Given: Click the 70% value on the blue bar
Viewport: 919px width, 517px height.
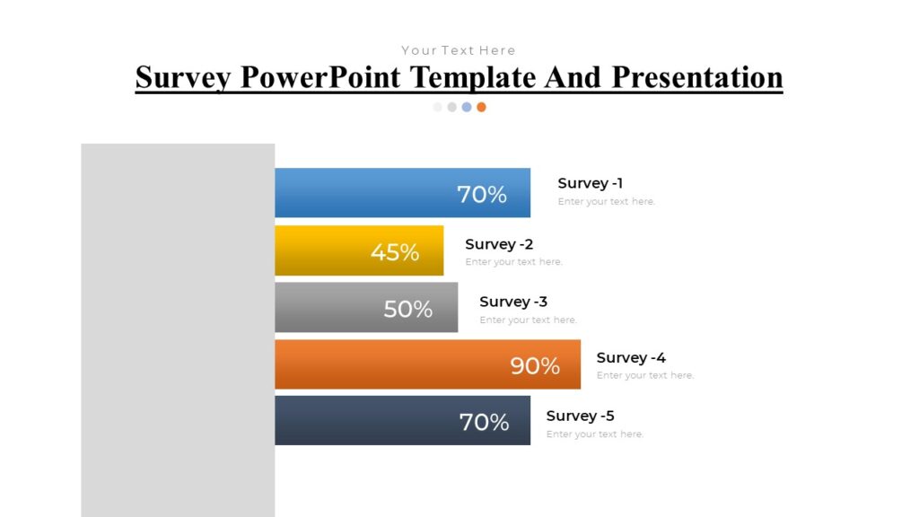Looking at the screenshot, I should click(482, 194).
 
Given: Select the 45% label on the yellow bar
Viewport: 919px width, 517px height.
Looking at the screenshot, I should click(395, 252).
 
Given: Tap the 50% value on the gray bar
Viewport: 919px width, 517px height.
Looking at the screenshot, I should click(408, 309).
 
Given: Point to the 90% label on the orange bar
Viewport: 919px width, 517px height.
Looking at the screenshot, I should click(535, 365).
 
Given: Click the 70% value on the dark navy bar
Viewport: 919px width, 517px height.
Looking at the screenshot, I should click(484, 422).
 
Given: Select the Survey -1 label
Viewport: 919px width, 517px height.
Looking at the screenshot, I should click(590, 183).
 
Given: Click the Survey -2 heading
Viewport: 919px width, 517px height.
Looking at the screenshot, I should click(499, 244).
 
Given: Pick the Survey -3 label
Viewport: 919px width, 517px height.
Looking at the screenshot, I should click(513, 302).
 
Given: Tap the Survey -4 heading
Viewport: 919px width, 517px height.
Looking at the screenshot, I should click(631, 357).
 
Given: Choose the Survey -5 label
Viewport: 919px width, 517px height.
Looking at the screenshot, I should click(580, 416).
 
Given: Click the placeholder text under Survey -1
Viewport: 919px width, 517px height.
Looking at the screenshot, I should click(606, 202).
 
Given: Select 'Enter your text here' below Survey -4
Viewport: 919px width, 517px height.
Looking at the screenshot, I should click(644, 375).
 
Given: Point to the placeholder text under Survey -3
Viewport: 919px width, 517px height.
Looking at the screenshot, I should click(528, 320).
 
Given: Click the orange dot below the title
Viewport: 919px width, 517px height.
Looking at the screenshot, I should click(481, 107).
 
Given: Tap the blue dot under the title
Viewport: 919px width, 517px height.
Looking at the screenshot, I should click(467, 107).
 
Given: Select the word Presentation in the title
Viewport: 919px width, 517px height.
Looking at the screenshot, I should click(697, 77).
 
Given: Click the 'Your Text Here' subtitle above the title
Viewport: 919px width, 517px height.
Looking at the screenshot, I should click(459, 50).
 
